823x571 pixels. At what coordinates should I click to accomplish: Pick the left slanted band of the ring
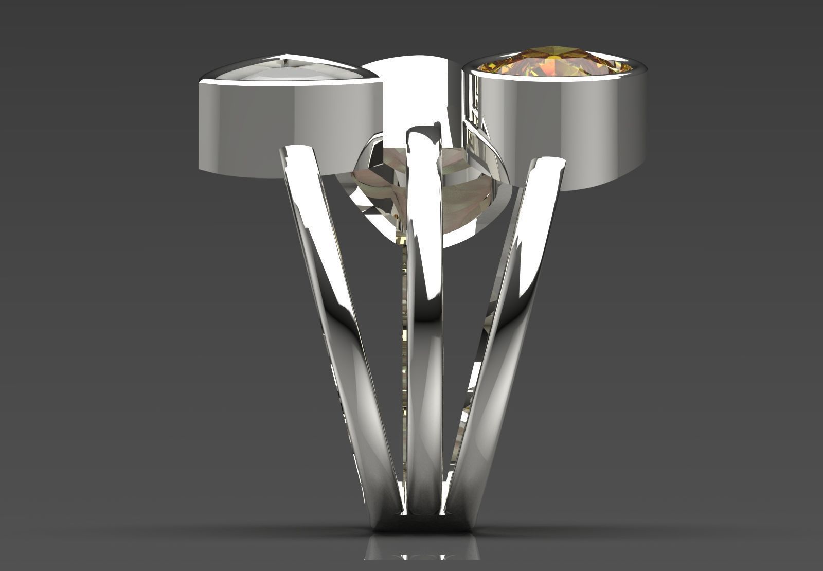[x=334, y=319]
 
